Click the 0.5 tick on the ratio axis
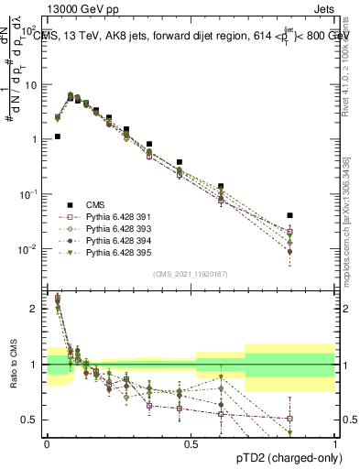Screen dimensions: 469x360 coord(31,420)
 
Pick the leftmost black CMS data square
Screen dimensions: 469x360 coord(58,136)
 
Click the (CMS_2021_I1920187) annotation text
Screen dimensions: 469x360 coord(191,274)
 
